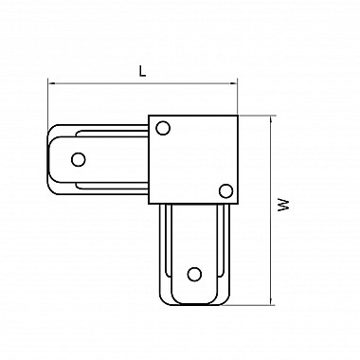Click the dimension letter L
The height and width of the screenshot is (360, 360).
143,72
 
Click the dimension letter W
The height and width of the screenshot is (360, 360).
283,206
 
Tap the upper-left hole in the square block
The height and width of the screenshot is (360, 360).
163,128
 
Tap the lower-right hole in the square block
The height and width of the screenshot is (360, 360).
225,190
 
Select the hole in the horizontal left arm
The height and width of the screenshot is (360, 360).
79,159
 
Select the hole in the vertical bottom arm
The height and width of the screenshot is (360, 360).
194,274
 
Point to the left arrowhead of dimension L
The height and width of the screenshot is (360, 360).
51,83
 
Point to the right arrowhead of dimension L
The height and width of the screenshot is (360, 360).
234,83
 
